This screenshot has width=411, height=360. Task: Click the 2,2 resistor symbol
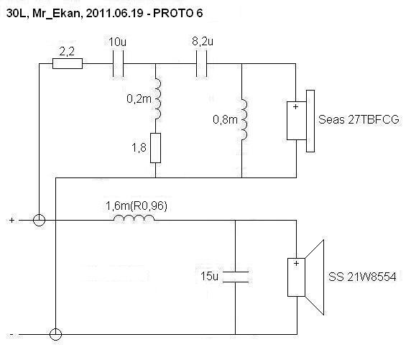point(68,63)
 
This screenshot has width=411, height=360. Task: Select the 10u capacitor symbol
point(118,63)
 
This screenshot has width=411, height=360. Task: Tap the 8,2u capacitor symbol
point(202,63)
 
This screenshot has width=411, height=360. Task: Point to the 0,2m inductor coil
point(158,98)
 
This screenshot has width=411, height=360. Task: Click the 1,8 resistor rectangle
point(155,148)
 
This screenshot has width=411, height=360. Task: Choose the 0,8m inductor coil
point(244,119)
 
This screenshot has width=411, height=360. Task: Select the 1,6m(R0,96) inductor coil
point(134,218)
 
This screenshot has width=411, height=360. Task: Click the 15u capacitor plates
point(236,277)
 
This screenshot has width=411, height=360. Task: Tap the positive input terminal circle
point(40,221)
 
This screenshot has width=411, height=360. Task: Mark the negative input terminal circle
point(55,334)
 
